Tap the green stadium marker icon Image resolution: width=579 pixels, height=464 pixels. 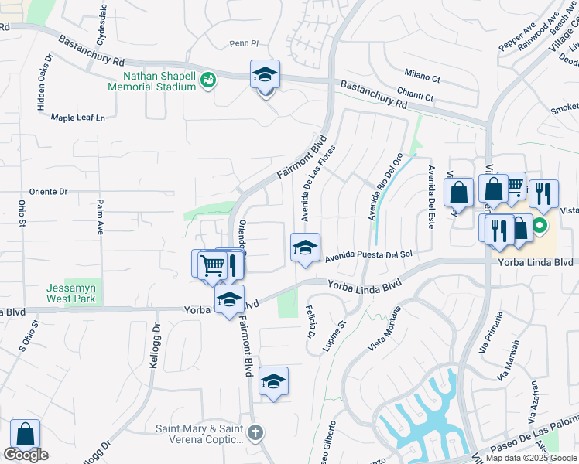click(207, 80)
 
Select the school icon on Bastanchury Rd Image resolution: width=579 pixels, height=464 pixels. click(265, 75)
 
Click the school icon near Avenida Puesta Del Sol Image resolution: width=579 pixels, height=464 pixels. click(305, 248)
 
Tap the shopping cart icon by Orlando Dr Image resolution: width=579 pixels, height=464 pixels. click(212, 265)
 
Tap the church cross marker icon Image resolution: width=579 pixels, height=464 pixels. click(257, 432)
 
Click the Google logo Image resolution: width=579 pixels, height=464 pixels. click(26, 455)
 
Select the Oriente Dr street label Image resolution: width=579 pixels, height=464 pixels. click(49, 191)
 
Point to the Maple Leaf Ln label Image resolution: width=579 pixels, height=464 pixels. click(77, 118)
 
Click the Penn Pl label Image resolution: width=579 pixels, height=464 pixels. click(242, 43)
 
